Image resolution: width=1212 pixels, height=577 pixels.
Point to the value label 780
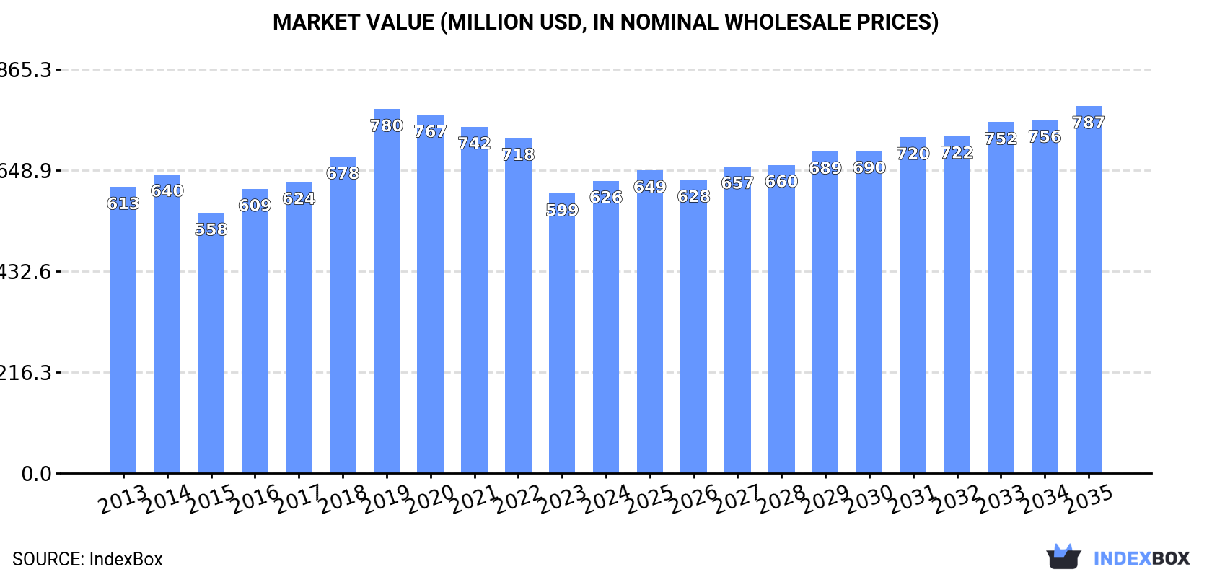point(387,126)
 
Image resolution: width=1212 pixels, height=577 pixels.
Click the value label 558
point(211,230)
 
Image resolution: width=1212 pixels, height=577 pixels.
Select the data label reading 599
point(562,211)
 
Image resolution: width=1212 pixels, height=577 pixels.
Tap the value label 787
point(1088,123)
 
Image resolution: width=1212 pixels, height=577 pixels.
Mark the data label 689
point(825,169)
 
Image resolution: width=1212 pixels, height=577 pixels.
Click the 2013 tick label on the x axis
point(123,499)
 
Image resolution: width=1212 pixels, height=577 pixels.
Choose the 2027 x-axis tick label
point(737,499)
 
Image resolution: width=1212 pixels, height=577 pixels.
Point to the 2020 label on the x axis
point(431,499)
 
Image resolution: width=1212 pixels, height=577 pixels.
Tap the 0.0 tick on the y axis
point(36,474)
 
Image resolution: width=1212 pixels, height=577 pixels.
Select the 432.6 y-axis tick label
point(26,272)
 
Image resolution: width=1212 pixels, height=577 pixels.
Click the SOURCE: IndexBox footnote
point(87,559)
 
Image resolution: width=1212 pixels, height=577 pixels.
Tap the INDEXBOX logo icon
point(1063,558)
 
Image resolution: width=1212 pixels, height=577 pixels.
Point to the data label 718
point(518,155)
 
